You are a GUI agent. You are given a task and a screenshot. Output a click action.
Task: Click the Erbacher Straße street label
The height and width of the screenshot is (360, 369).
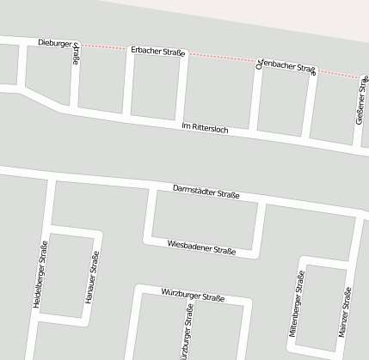pyautogui.click(x=158, y=52)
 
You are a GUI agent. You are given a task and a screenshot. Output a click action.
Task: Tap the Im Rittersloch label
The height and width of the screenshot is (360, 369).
pyautogui.click(x=205, y=128)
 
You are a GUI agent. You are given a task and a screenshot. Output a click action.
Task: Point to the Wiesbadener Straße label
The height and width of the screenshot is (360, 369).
pyautogui.click(x=201, y=247)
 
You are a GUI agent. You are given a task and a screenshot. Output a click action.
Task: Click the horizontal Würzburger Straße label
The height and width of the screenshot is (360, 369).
pyautogui.click(x=193, y=296)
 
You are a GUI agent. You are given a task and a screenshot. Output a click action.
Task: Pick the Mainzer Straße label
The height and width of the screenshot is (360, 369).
pyautogui.click(x=346, y=310)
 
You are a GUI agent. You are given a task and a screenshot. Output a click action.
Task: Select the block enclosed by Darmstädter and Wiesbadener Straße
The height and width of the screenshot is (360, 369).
pyautogui.click(x=205, y=218)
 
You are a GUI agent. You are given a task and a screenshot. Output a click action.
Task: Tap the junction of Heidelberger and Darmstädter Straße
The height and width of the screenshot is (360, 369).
pyautogui.click(x=51, y=179)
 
